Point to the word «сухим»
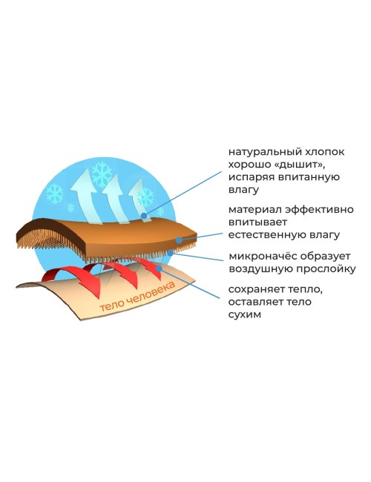pyautogui.click(x=245, y=315)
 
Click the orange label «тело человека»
pyautogui.click(x=137, y=297)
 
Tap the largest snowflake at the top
pyautogui.click(x=102, y=174)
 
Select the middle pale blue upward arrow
pyautogui.click(x=116, y=197)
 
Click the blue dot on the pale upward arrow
pyautogui.click(x=144, y=216)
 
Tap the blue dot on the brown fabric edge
pyautogui.click(x=179, y=240)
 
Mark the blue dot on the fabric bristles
pyautogui.click(x=170, y=253)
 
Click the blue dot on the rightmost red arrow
pyautogui.click(x=159, y=268)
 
